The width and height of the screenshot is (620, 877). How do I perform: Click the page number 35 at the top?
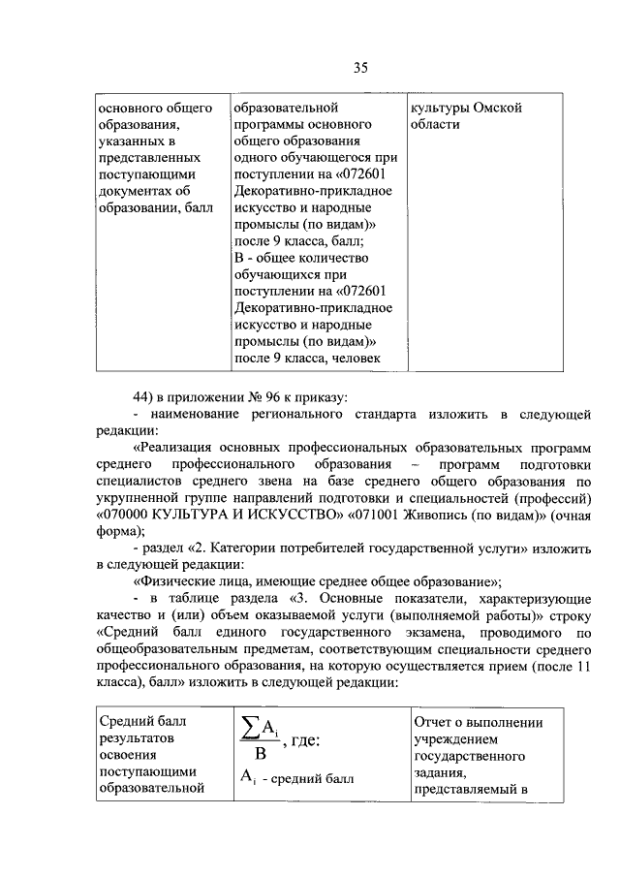point(359,67)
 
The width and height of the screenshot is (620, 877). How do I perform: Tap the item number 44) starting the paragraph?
point(144,395)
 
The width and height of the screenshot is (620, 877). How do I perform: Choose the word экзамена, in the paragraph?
point(377,633)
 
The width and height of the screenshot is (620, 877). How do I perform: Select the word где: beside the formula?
point(303,741)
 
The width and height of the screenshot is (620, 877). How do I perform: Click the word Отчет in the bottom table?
point(432,722)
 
